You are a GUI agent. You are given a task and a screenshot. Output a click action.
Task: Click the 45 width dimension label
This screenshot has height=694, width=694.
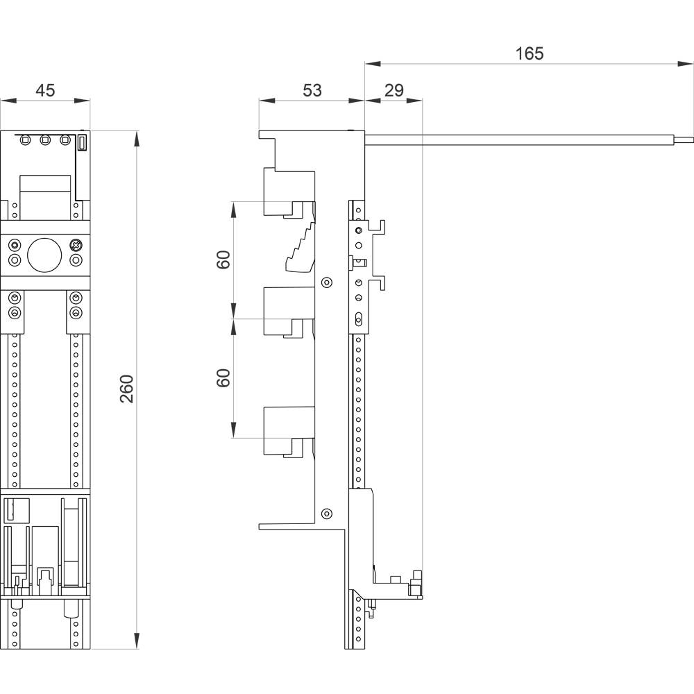pos(45,90)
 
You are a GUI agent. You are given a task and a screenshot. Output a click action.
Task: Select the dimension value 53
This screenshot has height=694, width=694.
pos(312,90)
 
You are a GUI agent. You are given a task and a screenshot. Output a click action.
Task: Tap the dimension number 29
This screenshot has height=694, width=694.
pos(393,90)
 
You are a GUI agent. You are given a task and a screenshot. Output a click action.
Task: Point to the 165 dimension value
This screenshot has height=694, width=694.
pos(530,53)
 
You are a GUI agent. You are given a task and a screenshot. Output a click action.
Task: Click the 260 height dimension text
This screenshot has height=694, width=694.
pos(127,389)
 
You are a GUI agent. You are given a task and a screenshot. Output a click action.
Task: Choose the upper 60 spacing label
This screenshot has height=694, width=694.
pos(223,260)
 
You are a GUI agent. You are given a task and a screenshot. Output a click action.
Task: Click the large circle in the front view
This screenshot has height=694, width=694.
pos(44,255)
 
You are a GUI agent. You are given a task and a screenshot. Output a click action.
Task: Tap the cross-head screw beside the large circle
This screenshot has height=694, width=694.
pos(76,246)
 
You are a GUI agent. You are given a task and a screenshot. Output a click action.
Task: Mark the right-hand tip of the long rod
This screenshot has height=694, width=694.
pos(692,139)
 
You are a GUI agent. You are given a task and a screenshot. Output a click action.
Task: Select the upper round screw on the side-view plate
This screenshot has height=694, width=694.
pos(325,282)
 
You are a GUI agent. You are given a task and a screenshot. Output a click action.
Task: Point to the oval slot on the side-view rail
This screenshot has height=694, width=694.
pos(358,319)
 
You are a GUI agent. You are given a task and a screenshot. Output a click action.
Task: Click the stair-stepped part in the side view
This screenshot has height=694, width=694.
pos(301,248)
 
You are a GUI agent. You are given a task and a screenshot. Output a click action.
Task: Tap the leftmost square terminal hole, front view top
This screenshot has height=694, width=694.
pos(26,141)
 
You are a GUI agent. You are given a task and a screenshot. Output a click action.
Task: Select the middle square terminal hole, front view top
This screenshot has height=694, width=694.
pos(45,141)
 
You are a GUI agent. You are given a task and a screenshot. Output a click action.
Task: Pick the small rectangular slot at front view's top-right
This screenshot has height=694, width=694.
pos(81,142)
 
